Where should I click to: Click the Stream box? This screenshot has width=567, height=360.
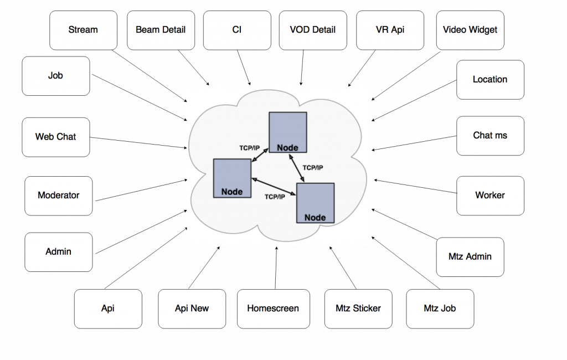83,30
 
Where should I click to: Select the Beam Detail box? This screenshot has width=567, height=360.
161,30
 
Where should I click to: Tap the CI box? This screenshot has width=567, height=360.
237,30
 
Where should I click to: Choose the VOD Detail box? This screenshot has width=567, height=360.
313,30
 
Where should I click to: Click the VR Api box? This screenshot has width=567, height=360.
390,30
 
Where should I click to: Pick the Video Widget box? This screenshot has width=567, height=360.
470,30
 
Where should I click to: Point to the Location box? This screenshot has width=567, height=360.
490,80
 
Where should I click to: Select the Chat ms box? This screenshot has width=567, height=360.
490,136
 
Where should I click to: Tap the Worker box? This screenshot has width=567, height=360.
490,196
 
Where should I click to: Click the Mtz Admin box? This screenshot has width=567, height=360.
470,257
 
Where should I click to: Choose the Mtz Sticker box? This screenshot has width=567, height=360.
358,308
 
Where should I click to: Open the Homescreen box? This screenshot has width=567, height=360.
272,308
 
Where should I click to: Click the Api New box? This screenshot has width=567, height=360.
192,308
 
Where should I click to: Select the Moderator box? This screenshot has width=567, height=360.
59,196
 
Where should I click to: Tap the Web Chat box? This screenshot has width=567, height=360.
56,137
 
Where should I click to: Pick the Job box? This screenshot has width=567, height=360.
56,76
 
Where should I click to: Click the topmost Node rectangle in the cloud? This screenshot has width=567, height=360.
287,131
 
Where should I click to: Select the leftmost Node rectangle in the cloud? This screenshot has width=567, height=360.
232,178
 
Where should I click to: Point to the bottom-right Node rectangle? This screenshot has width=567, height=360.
315,203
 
